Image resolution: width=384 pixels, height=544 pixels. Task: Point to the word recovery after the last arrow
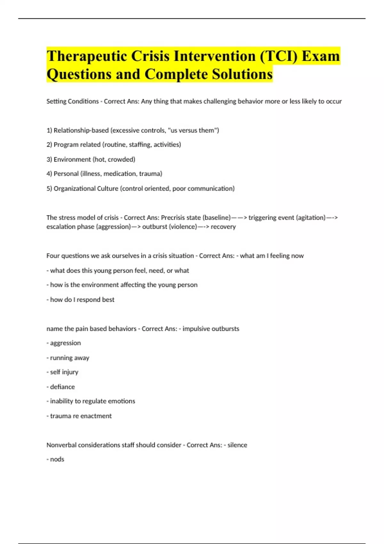pyautogui.click(x=223, y=227)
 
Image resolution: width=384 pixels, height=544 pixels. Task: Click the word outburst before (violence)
pyautogui.click(x=155, y=227)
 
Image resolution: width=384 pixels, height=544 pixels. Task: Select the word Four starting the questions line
pyautogui.click(x=53, y=256)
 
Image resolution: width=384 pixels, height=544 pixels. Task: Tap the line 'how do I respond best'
pyautogui.click(x=82, y=300)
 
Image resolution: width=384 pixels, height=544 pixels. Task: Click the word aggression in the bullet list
pyautogui.click(x=65, y=343)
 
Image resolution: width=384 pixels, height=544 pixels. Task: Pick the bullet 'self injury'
pyautogui.click(x=64, y=372)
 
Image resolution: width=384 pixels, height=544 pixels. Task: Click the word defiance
pyautogui.click(x=62, y=387)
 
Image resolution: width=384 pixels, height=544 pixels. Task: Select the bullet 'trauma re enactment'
pyautogui.click(x=81, y=416)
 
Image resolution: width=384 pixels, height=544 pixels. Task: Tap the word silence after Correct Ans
pyautogui.click(x=237, y=445)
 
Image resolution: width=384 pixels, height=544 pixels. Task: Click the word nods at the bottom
pyautogui.click(x=57, y=460)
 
